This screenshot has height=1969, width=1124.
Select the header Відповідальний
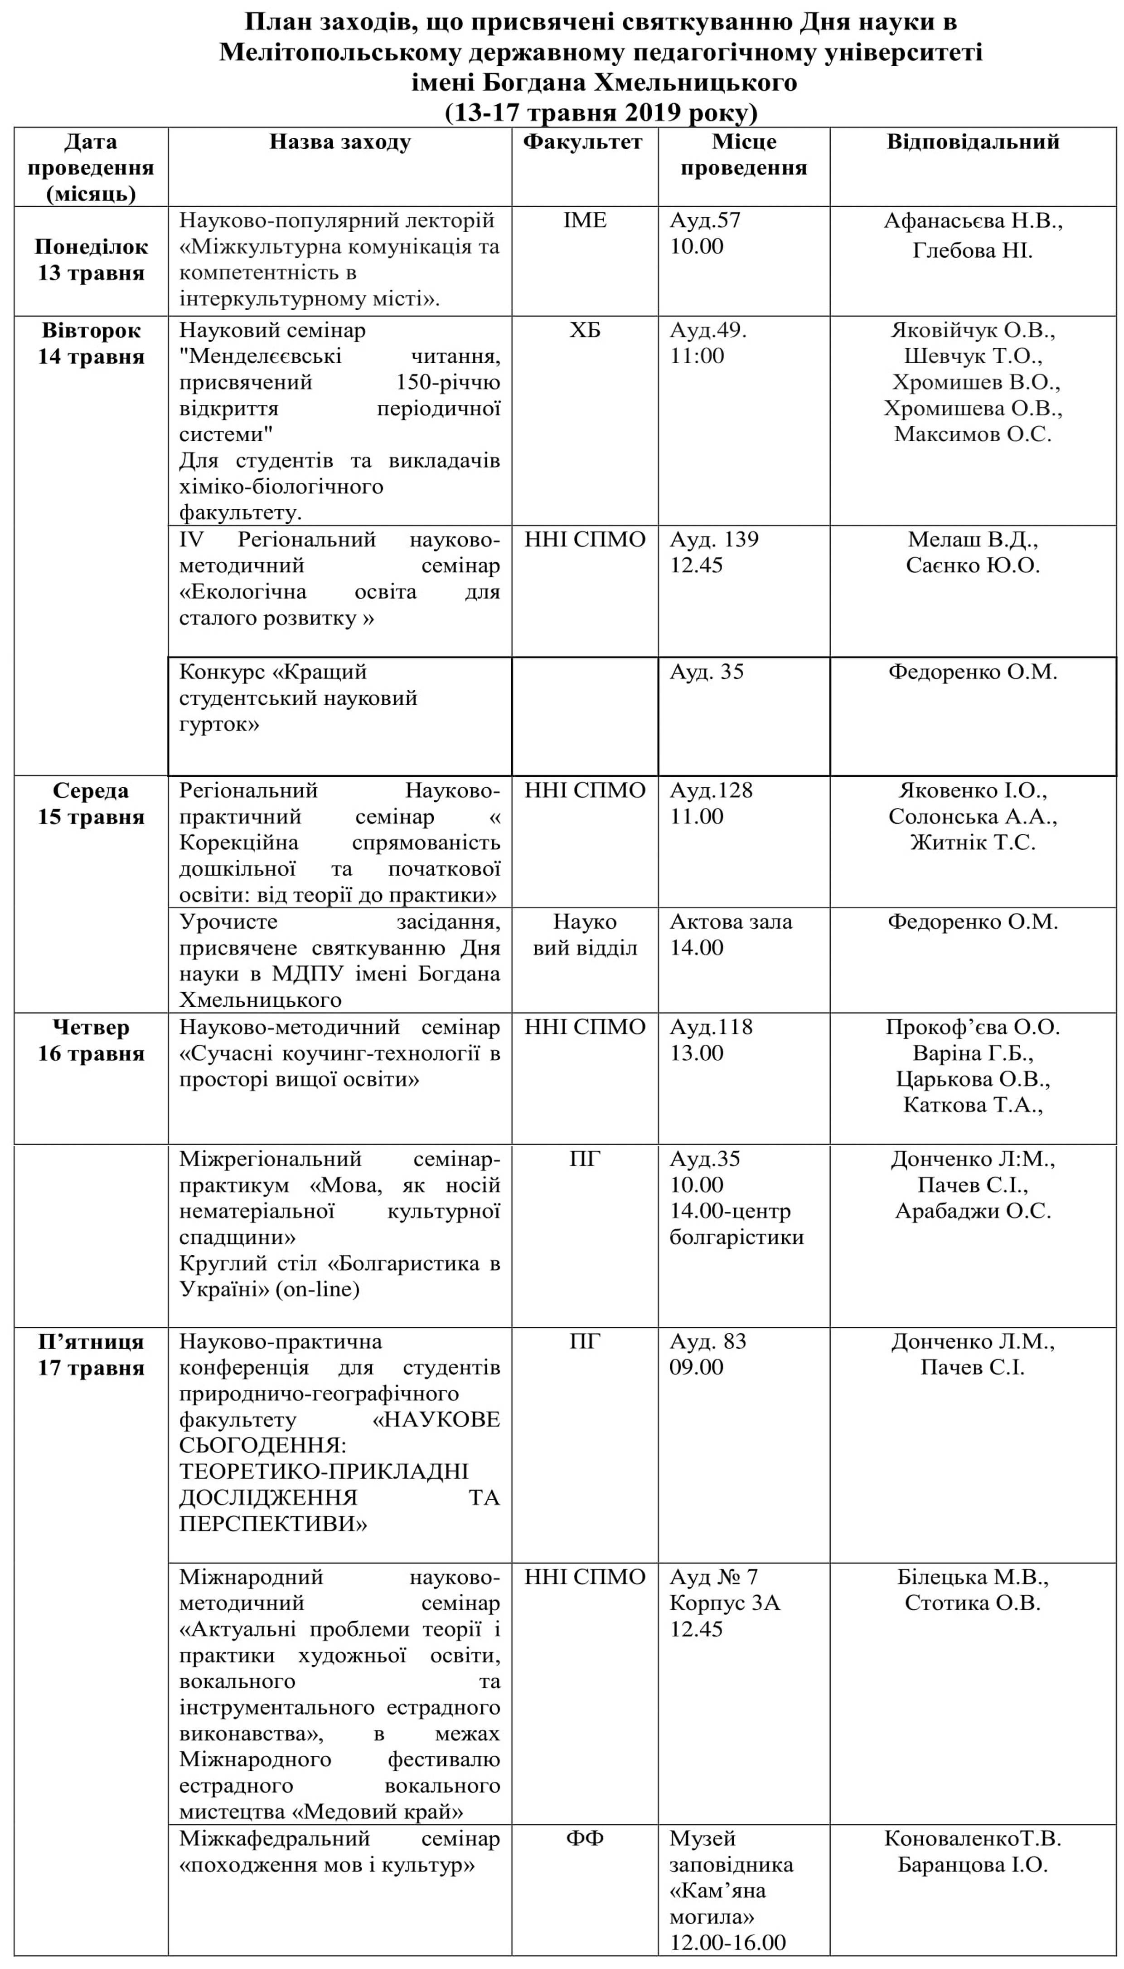(973, 142)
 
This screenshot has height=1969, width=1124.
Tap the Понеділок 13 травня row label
(91, 260)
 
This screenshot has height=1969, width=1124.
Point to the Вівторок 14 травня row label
(91, 344)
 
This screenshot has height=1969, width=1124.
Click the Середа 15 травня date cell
(91, 804)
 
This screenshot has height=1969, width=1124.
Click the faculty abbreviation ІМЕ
(584, 221)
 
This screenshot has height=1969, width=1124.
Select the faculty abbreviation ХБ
(584, 331)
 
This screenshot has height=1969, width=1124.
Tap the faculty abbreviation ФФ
(584, 1838)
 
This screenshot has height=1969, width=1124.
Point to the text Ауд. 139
(714, 540)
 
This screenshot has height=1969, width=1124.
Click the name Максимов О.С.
(973, 435)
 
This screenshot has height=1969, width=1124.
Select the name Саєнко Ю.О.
(973, 566)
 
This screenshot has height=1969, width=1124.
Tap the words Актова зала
(730, 922)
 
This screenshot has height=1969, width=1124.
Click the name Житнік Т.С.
(973, 843)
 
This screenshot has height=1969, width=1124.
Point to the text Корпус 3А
(724, 1603)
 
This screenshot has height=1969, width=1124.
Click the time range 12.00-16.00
(727, 1943)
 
